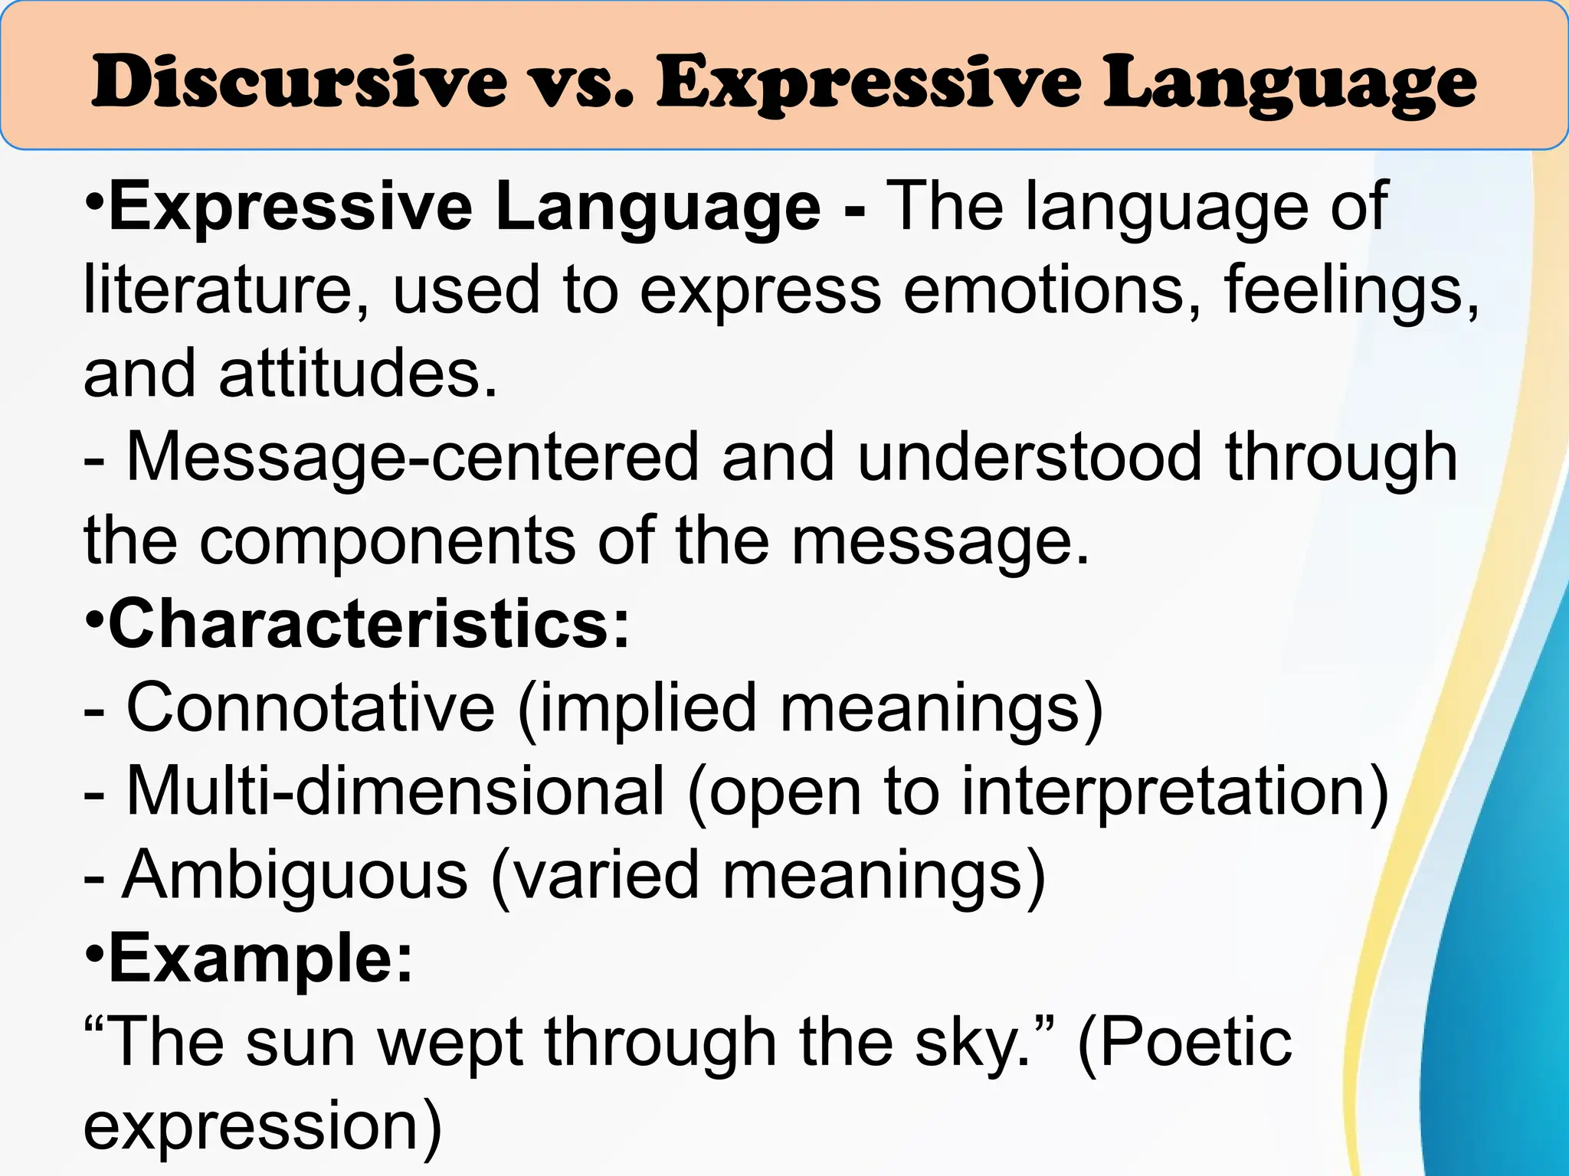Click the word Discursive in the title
pyautogui.click(x=299, y=83)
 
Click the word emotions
pyautogui.click(x=1043, y=291)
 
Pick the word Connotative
pyautogui.click(x=310, y=708)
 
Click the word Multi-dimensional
pyautogui.click(x=395, y=792)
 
